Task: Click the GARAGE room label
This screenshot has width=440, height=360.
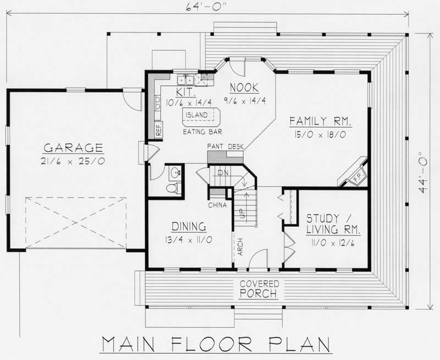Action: (73, 148)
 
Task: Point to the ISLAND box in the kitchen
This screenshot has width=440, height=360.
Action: (197, 115)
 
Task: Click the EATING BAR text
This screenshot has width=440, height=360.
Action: (202, 132)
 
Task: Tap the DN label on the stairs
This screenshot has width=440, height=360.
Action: (222, 173)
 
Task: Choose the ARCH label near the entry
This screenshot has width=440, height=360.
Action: (240, 248)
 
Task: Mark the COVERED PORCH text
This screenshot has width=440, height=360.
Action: (259, 289)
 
